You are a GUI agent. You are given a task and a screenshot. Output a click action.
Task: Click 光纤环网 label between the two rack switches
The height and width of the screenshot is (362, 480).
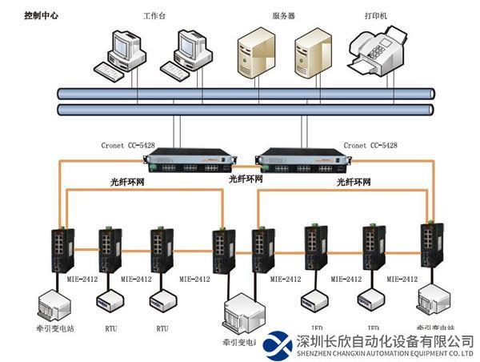click(246, 179)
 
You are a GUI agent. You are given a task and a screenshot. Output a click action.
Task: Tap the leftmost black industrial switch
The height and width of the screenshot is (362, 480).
click(61, 248)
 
